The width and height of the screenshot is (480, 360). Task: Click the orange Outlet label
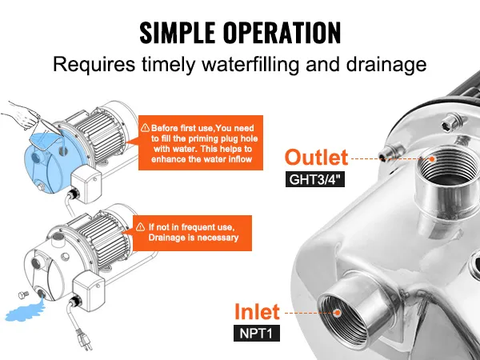coord(318,157)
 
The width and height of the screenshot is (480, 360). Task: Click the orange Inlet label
coord(256,311)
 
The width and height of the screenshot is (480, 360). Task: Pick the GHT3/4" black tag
coord(317,180)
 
